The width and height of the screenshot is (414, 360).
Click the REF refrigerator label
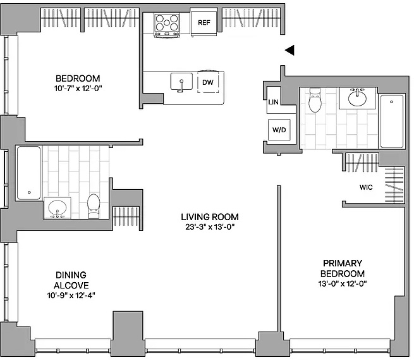click(x=204, y=23)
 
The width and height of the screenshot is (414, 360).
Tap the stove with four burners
click(x=167, y=25)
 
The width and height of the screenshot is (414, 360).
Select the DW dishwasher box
click(x=208, y=82)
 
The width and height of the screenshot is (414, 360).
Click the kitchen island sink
click(x=181, y=82)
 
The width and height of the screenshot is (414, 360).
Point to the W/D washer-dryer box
click(x=279, y=130)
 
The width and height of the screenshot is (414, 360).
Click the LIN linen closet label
click(x=273, y=102)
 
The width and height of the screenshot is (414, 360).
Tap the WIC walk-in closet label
click(x=366, y=187)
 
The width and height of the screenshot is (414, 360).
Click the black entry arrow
click(x=289, y=50)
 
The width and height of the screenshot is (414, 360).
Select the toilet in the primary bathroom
click(x=315, y=100)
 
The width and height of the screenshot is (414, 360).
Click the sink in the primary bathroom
click(x=357, y=98)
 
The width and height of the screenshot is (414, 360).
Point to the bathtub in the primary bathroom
click(x=391, y=121)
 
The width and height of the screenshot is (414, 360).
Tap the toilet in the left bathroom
click(x=94, y=206)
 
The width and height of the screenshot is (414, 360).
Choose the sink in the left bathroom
click(x=58, y=208)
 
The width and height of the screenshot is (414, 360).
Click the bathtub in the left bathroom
click(x=29, y=173)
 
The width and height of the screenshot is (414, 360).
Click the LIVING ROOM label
click(x=210, y=217)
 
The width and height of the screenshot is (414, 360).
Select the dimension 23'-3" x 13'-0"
click(x=210, y=227)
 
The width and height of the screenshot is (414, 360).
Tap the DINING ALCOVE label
click(x=71, y=280)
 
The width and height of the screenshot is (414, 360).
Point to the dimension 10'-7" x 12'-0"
click(x=78, y=88)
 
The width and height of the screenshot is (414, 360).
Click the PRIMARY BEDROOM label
click(x=343, y=268)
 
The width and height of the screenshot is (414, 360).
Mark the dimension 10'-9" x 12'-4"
click(x=71, y=295)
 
